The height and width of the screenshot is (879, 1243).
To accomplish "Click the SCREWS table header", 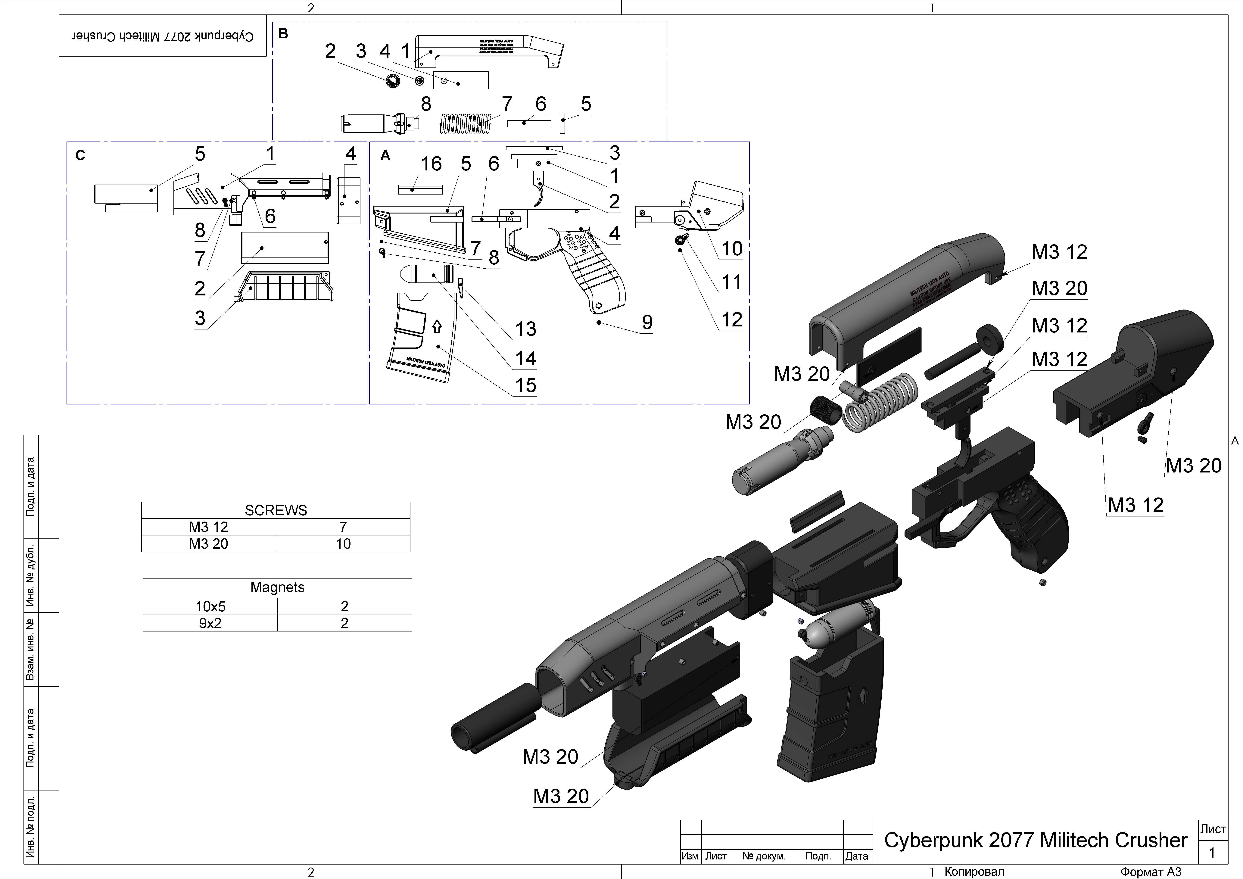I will pos(276,510).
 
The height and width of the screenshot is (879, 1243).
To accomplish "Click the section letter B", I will pos(283,34).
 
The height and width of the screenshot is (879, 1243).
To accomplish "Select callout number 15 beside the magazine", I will pos(525,385).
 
